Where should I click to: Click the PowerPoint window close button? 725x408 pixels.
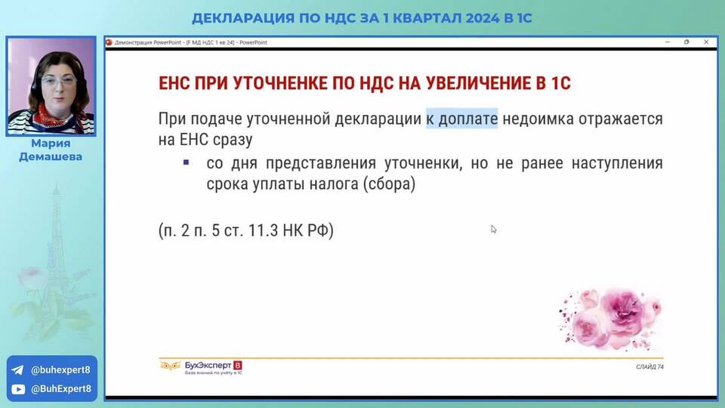click(706, 42)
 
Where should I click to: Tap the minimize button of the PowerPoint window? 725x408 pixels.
click(667, 42)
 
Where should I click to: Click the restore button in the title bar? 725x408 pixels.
click(686, 42)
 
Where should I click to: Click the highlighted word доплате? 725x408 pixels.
click(468, 119)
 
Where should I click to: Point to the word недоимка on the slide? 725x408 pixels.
click(538, 119)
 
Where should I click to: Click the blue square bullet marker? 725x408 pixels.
click(186, 162)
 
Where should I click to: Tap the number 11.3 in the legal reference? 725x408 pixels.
click(263, 230)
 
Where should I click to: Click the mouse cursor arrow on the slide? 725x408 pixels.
click(494, 230)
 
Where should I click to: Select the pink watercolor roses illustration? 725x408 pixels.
click(610, 318)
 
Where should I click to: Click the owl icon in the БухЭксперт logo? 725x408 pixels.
click(170, 366)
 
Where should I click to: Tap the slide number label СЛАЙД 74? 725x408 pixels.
click(649, 367)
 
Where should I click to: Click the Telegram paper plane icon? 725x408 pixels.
click(17, 370)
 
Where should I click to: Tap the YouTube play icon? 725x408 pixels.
click(18, 389)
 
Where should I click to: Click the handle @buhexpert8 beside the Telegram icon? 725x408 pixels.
click(60, 370)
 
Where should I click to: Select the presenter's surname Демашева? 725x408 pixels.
click(51, 157)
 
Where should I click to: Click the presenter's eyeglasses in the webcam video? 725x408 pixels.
click(59, 82)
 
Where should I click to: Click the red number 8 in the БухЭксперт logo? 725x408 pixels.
click(238, 366)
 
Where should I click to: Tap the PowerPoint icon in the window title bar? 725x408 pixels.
click(109, 42)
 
